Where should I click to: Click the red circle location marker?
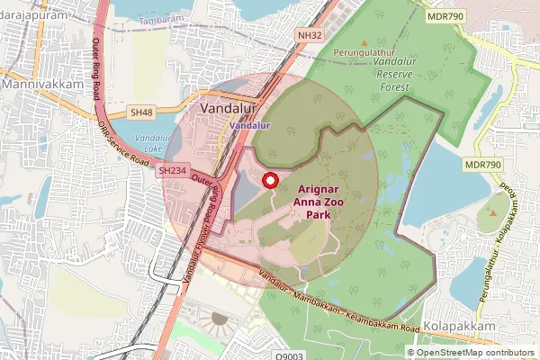click(268, 181)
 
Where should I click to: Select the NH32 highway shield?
click(310, 35)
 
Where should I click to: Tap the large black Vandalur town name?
click(228, 108)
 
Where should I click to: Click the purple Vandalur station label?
click(249, 126)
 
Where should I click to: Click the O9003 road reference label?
click(290, 355)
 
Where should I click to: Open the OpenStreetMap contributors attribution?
click(475, 353)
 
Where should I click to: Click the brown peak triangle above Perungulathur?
click(364, 42)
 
